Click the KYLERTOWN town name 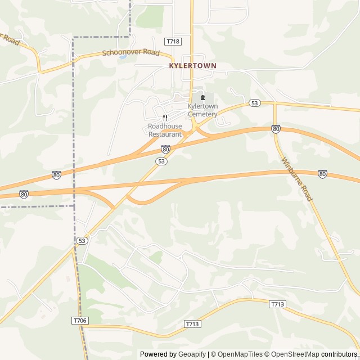(192, 66)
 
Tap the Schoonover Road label (131, 53)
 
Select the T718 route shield (173, 42)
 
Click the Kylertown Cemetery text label (202, 110)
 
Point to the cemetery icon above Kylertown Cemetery (202, 98)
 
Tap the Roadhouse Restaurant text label (165, 130)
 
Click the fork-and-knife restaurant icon (165, 118)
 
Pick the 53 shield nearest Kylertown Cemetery (255, 103)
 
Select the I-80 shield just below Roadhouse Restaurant (165, 149)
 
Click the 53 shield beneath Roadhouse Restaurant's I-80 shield (161, 161)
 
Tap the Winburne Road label (296, 179)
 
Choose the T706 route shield (80, 320)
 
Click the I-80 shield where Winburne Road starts (276, 129)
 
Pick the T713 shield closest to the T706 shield (192, 324)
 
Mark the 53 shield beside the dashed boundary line (82, 240)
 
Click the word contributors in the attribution (339, 354)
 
